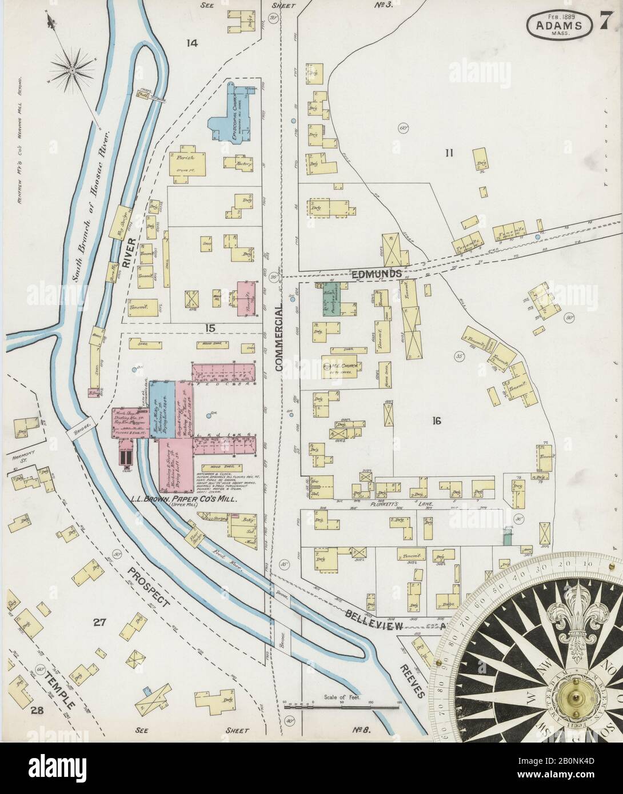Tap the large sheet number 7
coord(604,23)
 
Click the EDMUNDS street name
coord(376,275)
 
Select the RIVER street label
coord(130,252)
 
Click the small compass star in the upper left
coord(73,71)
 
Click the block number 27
coord(99,622)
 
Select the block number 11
coord(449,152)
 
